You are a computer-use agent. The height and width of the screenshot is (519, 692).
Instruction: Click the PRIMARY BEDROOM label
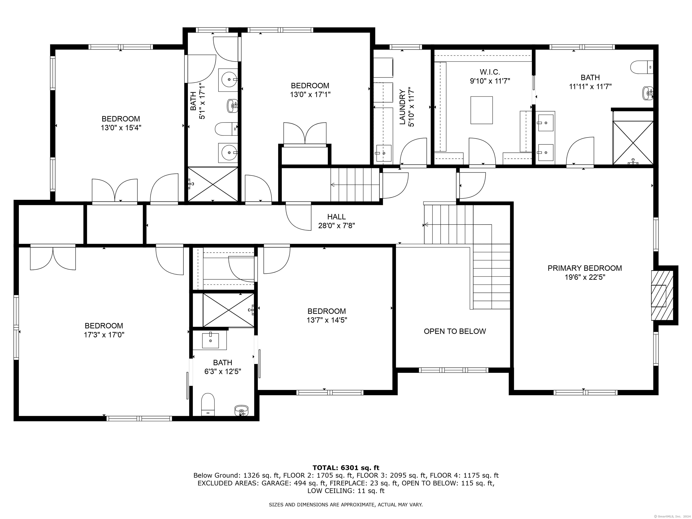tap(584, 268)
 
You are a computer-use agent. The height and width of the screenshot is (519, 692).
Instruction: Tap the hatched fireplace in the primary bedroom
tap(662, 295)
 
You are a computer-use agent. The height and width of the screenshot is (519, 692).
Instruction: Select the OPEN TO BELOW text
tap(455, 331)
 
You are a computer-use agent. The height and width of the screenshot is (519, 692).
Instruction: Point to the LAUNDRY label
tap(403, 107)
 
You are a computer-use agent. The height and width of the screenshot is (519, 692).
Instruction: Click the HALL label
tap(337, 216)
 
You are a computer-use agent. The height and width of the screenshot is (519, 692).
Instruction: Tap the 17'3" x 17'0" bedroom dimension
tap(104, 335)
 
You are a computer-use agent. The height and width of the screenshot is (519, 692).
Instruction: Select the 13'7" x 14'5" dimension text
tap(327, 320)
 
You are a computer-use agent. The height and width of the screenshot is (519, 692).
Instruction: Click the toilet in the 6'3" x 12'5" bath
tap(208, 404)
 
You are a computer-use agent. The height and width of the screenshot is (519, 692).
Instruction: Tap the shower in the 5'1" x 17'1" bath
tap(213, 184)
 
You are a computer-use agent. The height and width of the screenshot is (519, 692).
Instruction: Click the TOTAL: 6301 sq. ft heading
tap(346, 468)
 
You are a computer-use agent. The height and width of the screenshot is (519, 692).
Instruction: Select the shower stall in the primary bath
tap(633, 143)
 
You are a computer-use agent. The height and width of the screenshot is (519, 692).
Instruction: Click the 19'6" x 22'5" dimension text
tap(585, 277)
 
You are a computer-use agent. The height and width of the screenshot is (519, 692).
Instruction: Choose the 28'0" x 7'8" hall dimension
tap(337, 225)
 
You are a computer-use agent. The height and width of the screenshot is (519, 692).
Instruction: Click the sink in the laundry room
tap(384, 153)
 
